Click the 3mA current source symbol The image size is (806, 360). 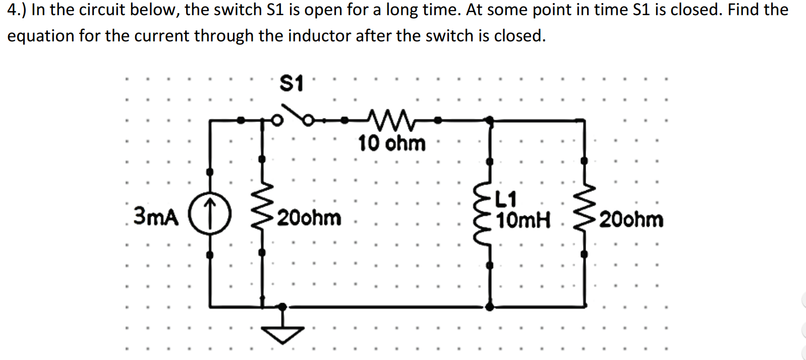210,213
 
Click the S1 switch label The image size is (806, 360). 292,83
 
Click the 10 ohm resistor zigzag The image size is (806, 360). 391,119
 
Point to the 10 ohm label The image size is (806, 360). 391,143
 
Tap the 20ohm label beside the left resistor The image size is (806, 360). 309,218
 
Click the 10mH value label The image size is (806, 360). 523,220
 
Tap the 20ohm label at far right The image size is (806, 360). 631,220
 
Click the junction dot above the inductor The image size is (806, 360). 489,120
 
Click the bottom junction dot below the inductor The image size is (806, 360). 489,306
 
